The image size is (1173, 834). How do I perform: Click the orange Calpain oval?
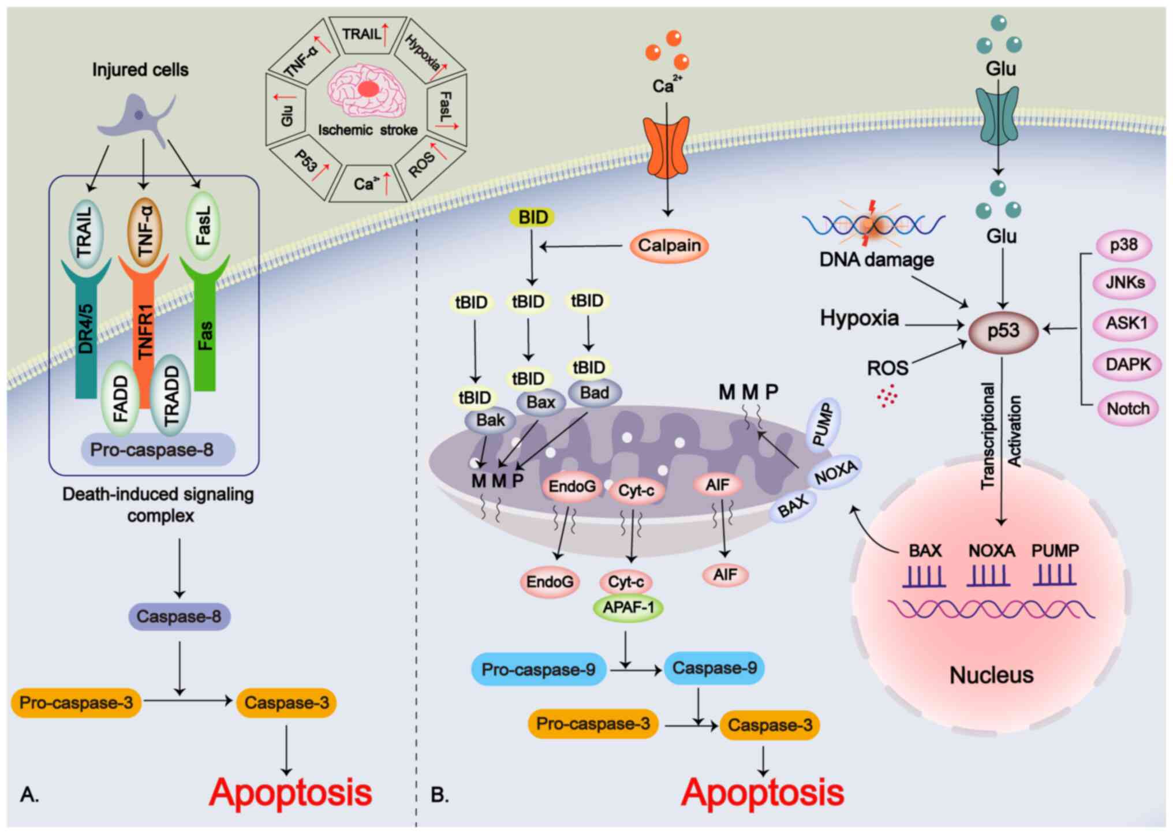click(668, 246)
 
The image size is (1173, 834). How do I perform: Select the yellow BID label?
click(532, 218)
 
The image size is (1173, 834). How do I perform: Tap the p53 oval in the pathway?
click(1003, 331)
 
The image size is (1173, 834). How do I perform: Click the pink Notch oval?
click(1127, 409)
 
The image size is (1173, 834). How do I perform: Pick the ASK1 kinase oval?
click(1126, 323)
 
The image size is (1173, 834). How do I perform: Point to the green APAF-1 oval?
click(628, 608)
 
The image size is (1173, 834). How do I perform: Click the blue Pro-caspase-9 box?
click(538, 670)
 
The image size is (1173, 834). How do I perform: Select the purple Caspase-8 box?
click(179, 616)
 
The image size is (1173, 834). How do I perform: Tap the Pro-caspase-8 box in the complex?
click(152, 450)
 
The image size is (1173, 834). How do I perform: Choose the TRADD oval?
click(171, 395)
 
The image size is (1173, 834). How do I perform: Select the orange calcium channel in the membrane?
click(667, 147)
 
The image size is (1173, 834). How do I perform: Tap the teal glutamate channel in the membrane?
click(997, 115)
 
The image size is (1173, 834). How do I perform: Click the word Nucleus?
click(991, 675)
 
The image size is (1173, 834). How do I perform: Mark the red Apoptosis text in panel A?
click(290, 792)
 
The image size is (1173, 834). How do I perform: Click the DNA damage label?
click(876, 260)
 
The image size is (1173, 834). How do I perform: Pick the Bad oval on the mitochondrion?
click(594, 393)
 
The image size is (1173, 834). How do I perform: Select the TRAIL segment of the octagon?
click(365, 35)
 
